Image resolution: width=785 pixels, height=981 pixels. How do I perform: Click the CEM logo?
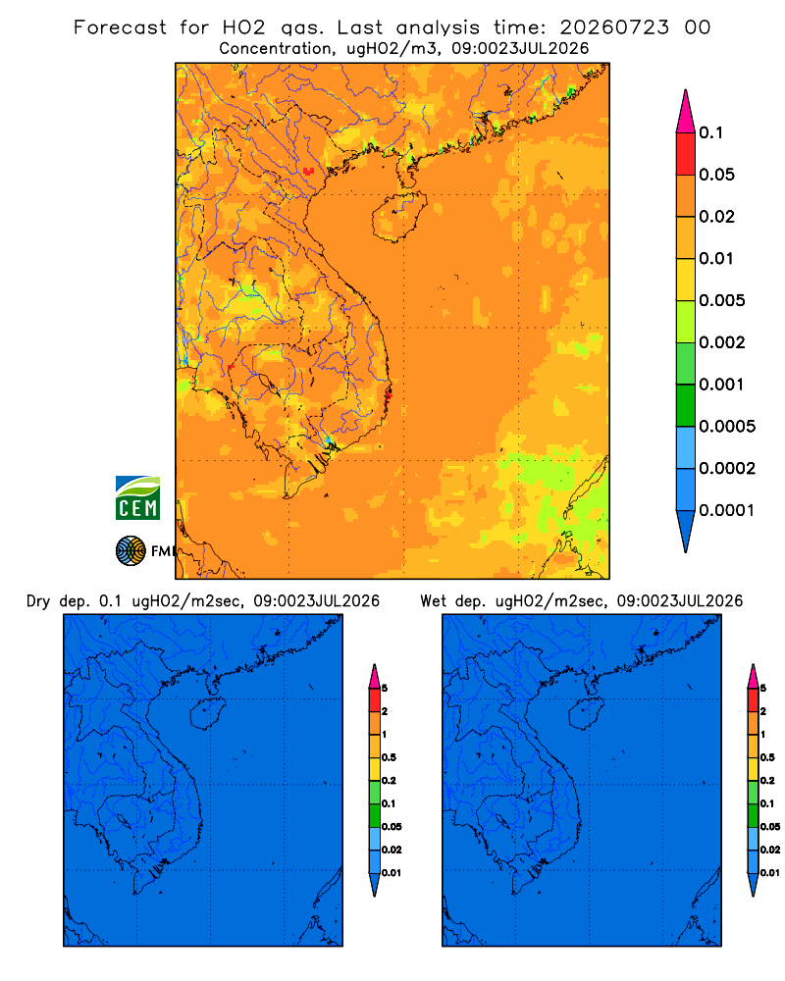137,498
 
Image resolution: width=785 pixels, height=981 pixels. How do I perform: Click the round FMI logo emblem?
131,551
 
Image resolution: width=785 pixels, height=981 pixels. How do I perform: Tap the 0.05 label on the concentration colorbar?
716,175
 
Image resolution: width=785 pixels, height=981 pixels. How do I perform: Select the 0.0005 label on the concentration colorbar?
727,427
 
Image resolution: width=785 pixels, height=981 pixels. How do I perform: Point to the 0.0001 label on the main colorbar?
727,510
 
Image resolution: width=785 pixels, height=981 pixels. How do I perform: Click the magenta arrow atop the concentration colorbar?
686,111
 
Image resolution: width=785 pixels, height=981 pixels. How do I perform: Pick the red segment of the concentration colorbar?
686,154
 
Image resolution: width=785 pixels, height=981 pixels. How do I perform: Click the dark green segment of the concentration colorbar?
686,405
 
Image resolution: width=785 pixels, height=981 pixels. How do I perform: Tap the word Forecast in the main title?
120,27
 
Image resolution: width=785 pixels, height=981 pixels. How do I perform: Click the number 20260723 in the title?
614,27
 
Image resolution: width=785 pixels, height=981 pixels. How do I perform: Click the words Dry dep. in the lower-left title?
58,601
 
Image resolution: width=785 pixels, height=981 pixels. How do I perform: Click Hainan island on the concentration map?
398,217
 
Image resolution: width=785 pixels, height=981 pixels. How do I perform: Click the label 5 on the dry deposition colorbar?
385,689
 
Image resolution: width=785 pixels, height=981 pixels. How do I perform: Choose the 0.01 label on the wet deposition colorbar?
770,873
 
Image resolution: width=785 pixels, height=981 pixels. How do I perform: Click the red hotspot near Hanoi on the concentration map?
308,171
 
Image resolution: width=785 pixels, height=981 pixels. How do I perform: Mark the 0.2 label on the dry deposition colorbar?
389,780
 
